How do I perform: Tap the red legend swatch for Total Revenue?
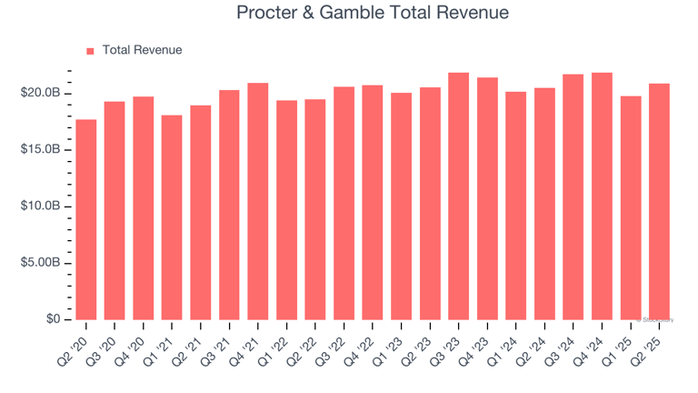pos(90,51)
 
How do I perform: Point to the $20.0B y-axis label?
pos(41,93)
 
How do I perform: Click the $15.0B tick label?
pos(41,149)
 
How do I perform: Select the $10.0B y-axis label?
pos(41,207)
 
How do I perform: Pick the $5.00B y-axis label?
pos(41,263)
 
